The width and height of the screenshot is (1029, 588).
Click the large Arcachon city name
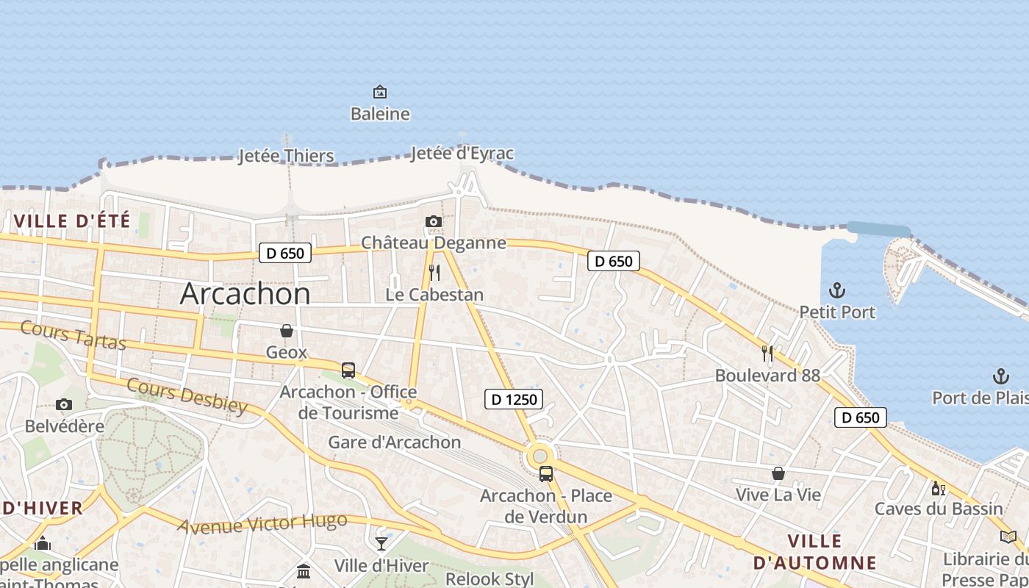point(245,294)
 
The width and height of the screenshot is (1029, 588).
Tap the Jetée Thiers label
point(286,156)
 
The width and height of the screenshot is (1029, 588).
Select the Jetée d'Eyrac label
point(462,154)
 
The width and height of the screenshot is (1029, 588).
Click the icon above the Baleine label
point(380,92)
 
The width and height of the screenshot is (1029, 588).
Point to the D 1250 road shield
point(514,400)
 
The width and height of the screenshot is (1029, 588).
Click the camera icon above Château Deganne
point(434,221)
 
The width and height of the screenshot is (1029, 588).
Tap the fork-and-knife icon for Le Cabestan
point(434,273)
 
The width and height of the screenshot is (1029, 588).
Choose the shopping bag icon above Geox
point(287,331)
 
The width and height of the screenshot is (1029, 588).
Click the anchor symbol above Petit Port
point(836,290)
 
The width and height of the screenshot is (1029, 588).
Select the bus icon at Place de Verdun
point(546,473)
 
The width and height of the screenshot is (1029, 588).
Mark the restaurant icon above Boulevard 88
point(767,354)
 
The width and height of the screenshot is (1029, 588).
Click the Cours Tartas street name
point(73,335)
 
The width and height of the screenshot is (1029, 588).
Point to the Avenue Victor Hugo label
point(262,524)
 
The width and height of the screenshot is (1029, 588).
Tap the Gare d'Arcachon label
point(394,442)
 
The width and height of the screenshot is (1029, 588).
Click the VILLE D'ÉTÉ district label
point(72,220)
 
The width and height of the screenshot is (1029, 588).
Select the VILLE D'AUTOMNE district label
point(815,553)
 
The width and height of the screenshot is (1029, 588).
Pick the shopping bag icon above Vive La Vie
point(778,473)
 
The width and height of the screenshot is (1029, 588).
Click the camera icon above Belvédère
point(64,404)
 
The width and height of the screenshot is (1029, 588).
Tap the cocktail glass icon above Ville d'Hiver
point(381,544)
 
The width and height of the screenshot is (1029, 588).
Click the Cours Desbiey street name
point(187,396)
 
